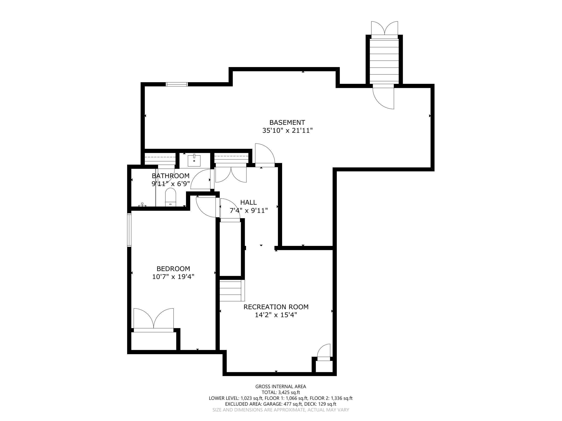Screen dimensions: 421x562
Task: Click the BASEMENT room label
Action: (287, 123)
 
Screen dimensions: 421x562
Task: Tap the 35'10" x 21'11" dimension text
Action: (287, 131)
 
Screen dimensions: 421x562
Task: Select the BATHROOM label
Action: (171, 176)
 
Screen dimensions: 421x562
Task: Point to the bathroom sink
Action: (194, 161)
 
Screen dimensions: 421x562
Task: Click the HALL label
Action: (248, 202)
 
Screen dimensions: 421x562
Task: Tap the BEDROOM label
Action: (173, 269)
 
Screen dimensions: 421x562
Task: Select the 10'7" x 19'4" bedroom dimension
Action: (173, 277)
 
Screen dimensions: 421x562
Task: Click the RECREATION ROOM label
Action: (276, 307)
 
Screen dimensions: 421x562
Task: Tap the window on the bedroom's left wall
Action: (129, 230)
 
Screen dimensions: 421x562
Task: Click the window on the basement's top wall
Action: (177, 84)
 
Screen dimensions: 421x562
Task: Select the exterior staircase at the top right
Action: (384, 61)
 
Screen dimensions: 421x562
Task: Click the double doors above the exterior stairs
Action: (384, 29)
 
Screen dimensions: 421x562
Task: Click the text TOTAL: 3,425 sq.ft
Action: (281, 392)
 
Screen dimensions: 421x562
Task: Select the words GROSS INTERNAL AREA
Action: (281, 387)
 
